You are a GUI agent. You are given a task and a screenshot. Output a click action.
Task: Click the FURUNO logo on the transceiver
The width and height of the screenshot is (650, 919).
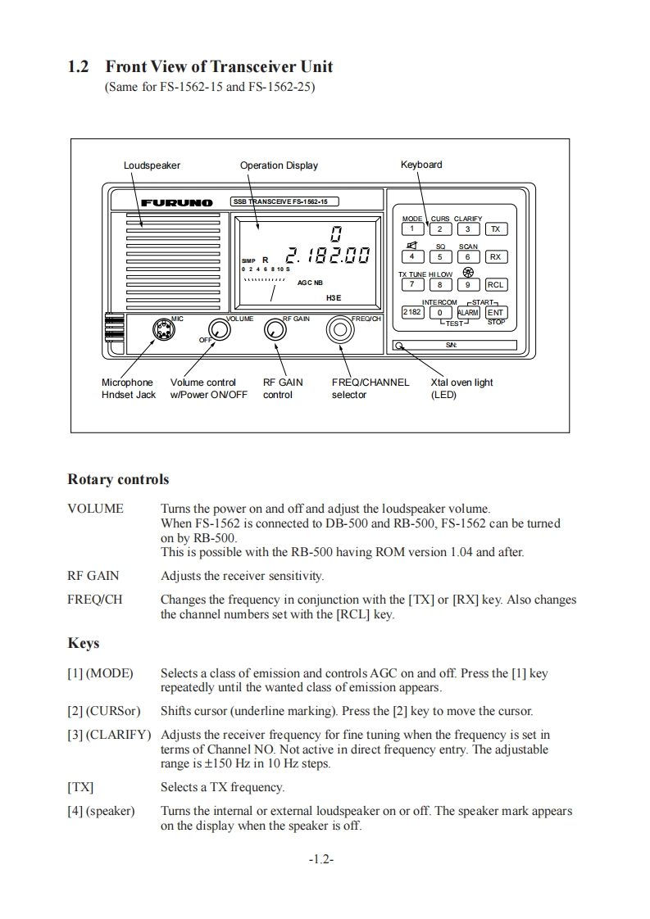176,202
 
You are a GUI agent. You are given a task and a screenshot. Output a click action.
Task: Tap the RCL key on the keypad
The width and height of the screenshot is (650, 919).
495,285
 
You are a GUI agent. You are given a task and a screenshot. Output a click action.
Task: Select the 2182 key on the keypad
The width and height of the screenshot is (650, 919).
411,312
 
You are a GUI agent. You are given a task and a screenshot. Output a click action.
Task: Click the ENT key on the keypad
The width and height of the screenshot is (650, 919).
495,312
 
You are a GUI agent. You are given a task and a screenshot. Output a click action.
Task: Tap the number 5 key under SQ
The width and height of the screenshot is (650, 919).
439,257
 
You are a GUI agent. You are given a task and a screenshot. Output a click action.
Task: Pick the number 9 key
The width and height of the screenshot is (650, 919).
467,285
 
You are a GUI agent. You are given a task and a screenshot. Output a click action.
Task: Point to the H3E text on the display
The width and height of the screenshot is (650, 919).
334,298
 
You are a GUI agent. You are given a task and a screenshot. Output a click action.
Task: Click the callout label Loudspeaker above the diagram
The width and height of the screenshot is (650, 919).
152,165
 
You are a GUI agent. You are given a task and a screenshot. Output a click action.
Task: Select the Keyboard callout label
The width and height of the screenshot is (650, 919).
420,165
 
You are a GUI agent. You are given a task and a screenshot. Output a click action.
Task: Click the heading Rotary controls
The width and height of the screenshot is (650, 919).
118,479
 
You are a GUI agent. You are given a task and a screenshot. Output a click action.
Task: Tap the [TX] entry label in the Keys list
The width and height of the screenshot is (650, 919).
80,788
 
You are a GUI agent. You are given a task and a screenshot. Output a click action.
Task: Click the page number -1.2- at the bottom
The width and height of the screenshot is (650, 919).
321,860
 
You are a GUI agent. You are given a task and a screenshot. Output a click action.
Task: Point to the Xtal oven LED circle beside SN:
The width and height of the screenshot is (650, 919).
398,346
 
